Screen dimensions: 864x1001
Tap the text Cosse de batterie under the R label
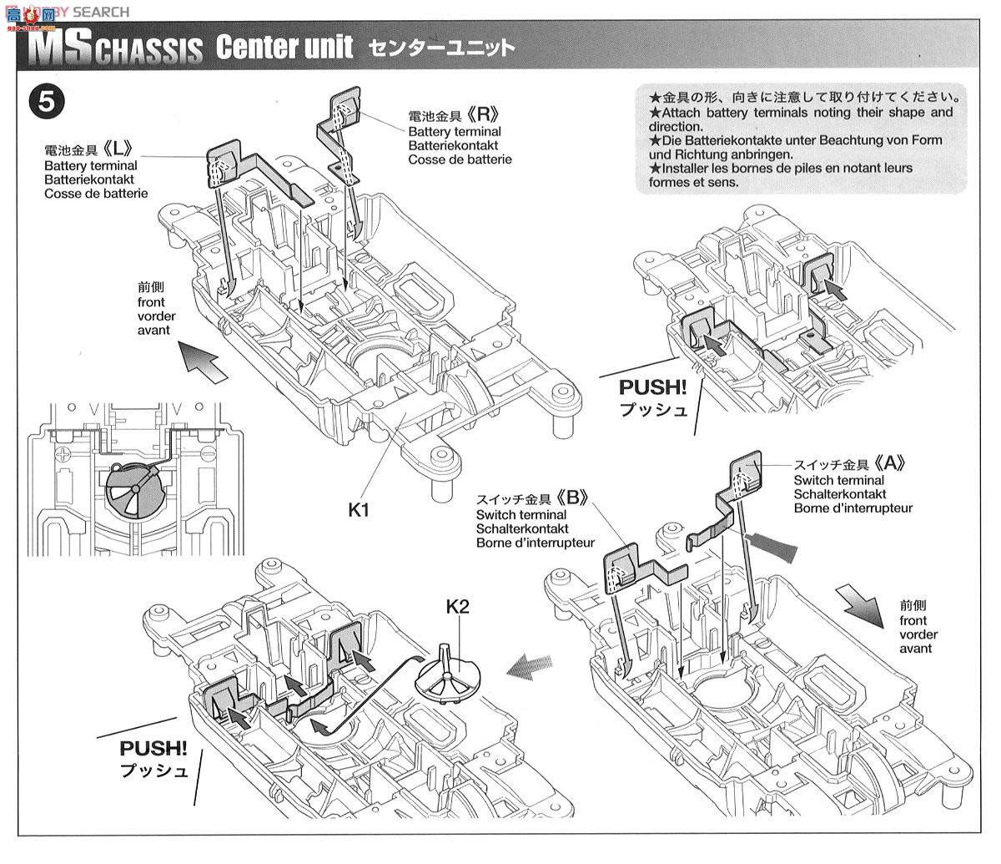tap(460, 159)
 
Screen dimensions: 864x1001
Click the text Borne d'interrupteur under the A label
tap(853, 508)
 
